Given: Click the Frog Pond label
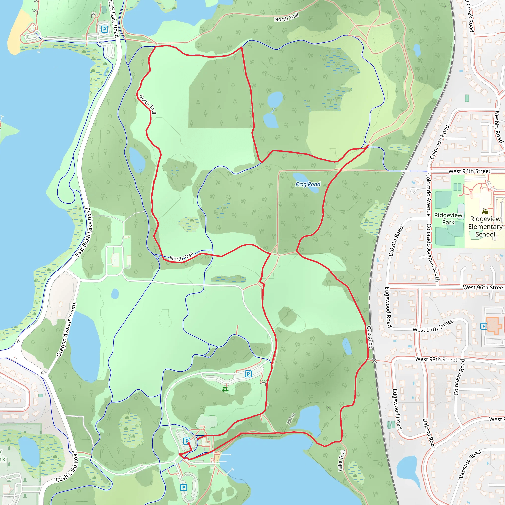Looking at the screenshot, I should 308,184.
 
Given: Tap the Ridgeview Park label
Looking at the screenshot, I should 448,218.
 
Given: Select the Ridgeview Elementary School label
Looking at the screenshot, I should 485,226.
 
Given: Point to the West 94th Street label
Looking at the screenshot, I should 469,171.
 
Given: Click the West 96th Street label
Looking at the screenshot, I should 484,287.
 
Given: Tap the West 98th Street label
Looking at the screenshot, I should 436,359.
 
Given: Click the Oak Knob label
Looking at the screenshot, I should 369,337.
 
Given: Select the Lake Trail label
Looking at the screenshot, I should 341,461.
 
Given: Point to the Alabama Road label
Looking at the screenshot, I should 469,465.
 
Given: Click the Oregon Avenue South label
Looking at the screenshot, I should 67,330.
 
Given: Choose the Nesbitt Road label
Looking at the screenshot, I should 499,127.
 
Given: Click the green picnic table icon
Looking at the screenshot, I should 225,390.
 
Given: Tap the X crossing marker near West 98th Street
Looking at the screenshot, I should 374,361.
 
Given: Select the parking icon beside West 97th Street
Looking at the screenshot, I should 484,326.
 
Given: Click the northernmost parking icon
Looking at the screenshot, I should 105,29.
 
